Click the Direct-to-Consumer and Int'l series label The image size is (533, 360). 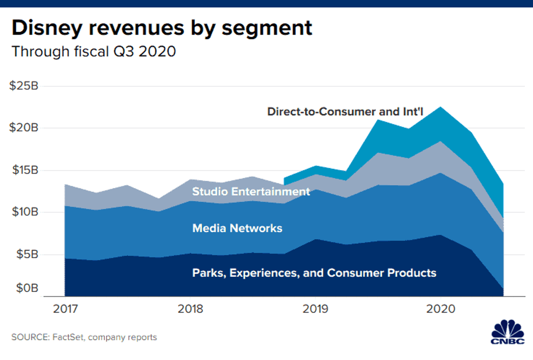click(345, 111)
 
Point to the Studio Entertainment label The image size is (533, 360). click(251, 191)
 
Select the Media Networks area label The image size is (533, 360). click(237, 228)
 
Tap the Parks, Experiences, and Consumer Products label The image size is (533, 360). click(314, 273)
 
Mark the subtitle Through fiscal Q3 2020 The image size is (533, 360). click(94, 51)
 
